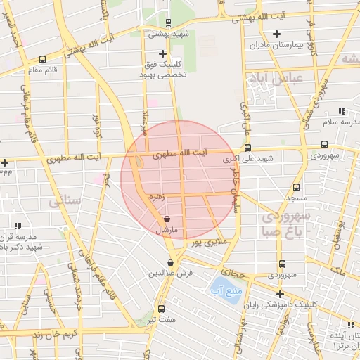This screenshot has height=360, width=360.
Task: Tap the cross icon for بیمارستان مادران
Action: [276, 34]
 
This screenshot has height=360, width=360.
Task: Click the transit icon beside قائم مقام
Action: [43, 60]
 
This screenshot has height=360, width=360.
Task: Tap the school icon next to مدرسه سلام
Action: [342, 111]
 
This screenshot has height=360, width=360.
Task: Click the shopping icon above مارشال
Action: [166, 219]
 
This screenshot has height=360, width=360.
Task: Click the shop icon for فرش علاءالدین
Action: [170, 262]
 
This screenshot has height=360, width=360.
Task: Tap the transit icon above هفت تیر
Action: [162, 309]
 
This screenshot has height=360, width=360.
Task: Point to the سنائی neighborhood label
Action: [65, 202]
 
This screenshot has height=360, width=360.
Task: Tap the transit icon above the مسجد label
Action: [295, 187]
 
